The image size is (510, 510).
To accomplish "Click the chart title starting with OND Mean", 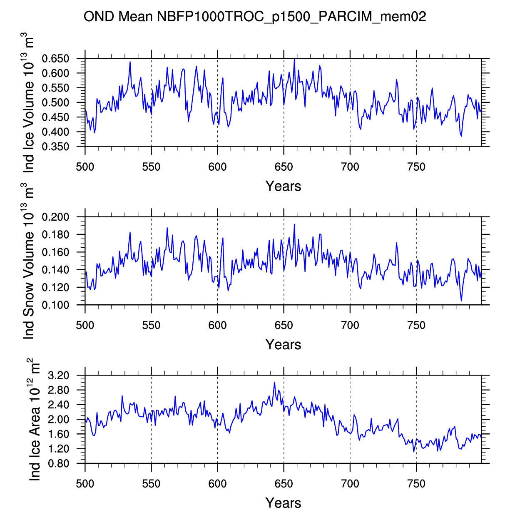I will pyautogui.click(x=255, y=17).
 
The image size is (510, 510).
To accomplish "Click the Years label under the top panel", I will pyautogui.click(x=283, y=186).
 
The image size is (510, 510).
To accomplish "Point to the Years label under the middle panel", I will pyautogui.click(x=283, y=344).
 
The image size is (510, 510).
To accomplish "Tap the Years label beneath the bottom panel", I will pyautogui.click(x=283, y=503).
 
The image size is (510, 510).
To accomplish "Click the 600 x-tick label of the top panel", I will pyautogui.click(x=217, y=167).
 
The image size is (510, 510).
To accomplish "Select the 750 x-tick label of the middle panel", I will pyautogui.click(x=416, y=326).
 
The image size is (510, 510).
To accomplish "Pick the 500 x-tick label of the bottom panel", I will pyautogui.click(x=85, y=484).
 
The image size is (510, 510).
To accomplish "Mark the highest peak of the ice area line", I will pyautogui.click(x=274, y=382).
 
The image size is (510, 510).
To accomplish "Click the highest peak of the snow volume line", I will pyautogui.click(x=294, y=224).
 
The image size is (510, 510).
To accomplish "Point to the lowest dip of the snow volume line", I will pyautogui.click(x=461, y=301).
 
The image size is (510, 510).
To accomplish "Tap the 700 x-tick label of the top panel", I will pyautogui.click(x=350, y=167).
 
